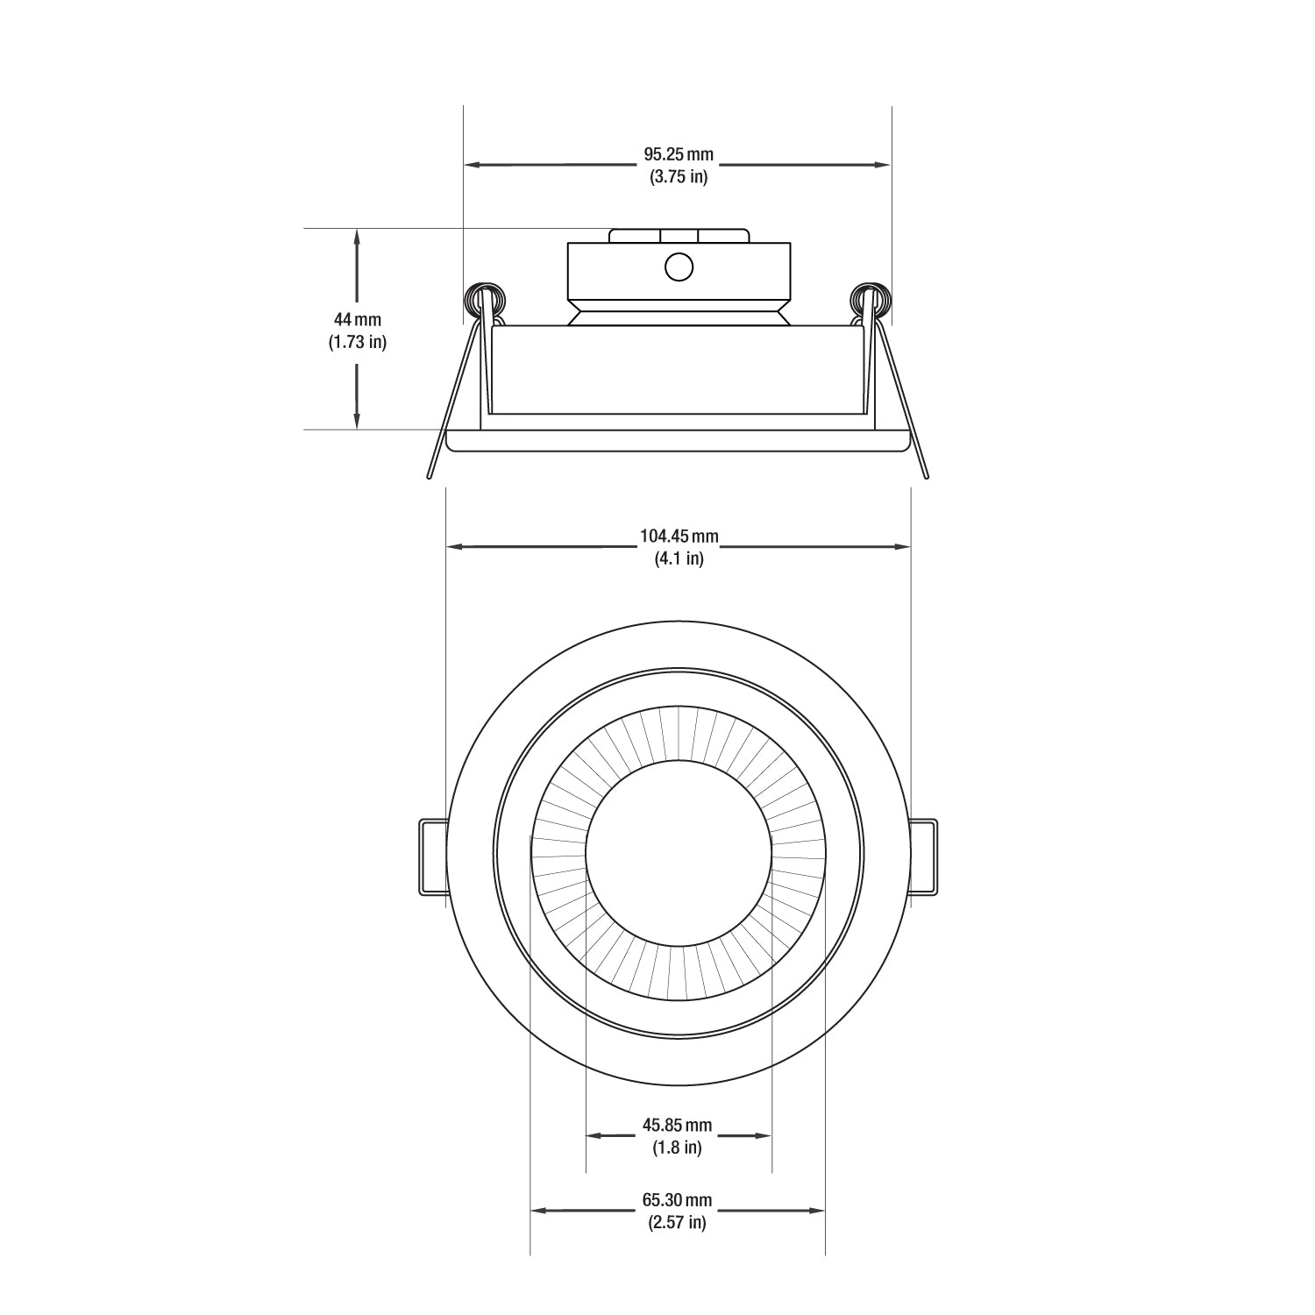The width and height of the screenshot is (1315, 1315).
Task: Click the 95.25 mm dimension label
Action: (679, 155)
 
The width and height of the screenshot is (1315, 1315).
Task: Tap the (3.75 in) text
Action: (679, 177)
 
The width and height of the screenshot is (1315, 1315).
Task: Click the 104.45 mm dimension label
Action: (679, 536)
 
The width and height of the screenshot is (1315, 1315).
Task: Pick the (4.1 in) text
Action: (679, 558)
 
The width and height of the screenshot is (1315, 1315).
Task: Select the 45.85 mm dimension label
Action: (678, 1125)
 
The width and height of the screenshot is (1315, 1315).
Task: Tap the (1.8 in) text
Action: (678, 1148)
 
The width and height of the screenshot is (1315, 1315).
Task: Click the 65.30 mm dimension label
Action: (678, 1200)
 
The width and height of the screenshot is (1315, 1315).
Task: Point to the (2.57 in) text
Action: (678, 1223)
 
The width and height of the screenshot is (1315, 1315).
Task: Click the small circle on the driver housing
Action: (679, 267)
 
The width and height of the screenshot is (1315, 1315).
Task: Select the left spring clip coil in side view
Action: (484, 300)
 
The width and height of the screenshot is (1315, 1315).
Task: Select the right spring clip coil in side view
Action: (871, 300)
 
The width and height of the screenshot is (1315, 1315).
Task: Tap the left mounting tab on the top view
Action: (434, 857)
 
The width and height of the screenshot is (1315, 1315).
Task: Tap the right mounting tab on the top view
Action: (922, 857)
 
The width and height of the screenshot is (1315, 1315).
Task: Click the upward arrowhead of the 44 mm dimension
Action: (357, 236)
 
